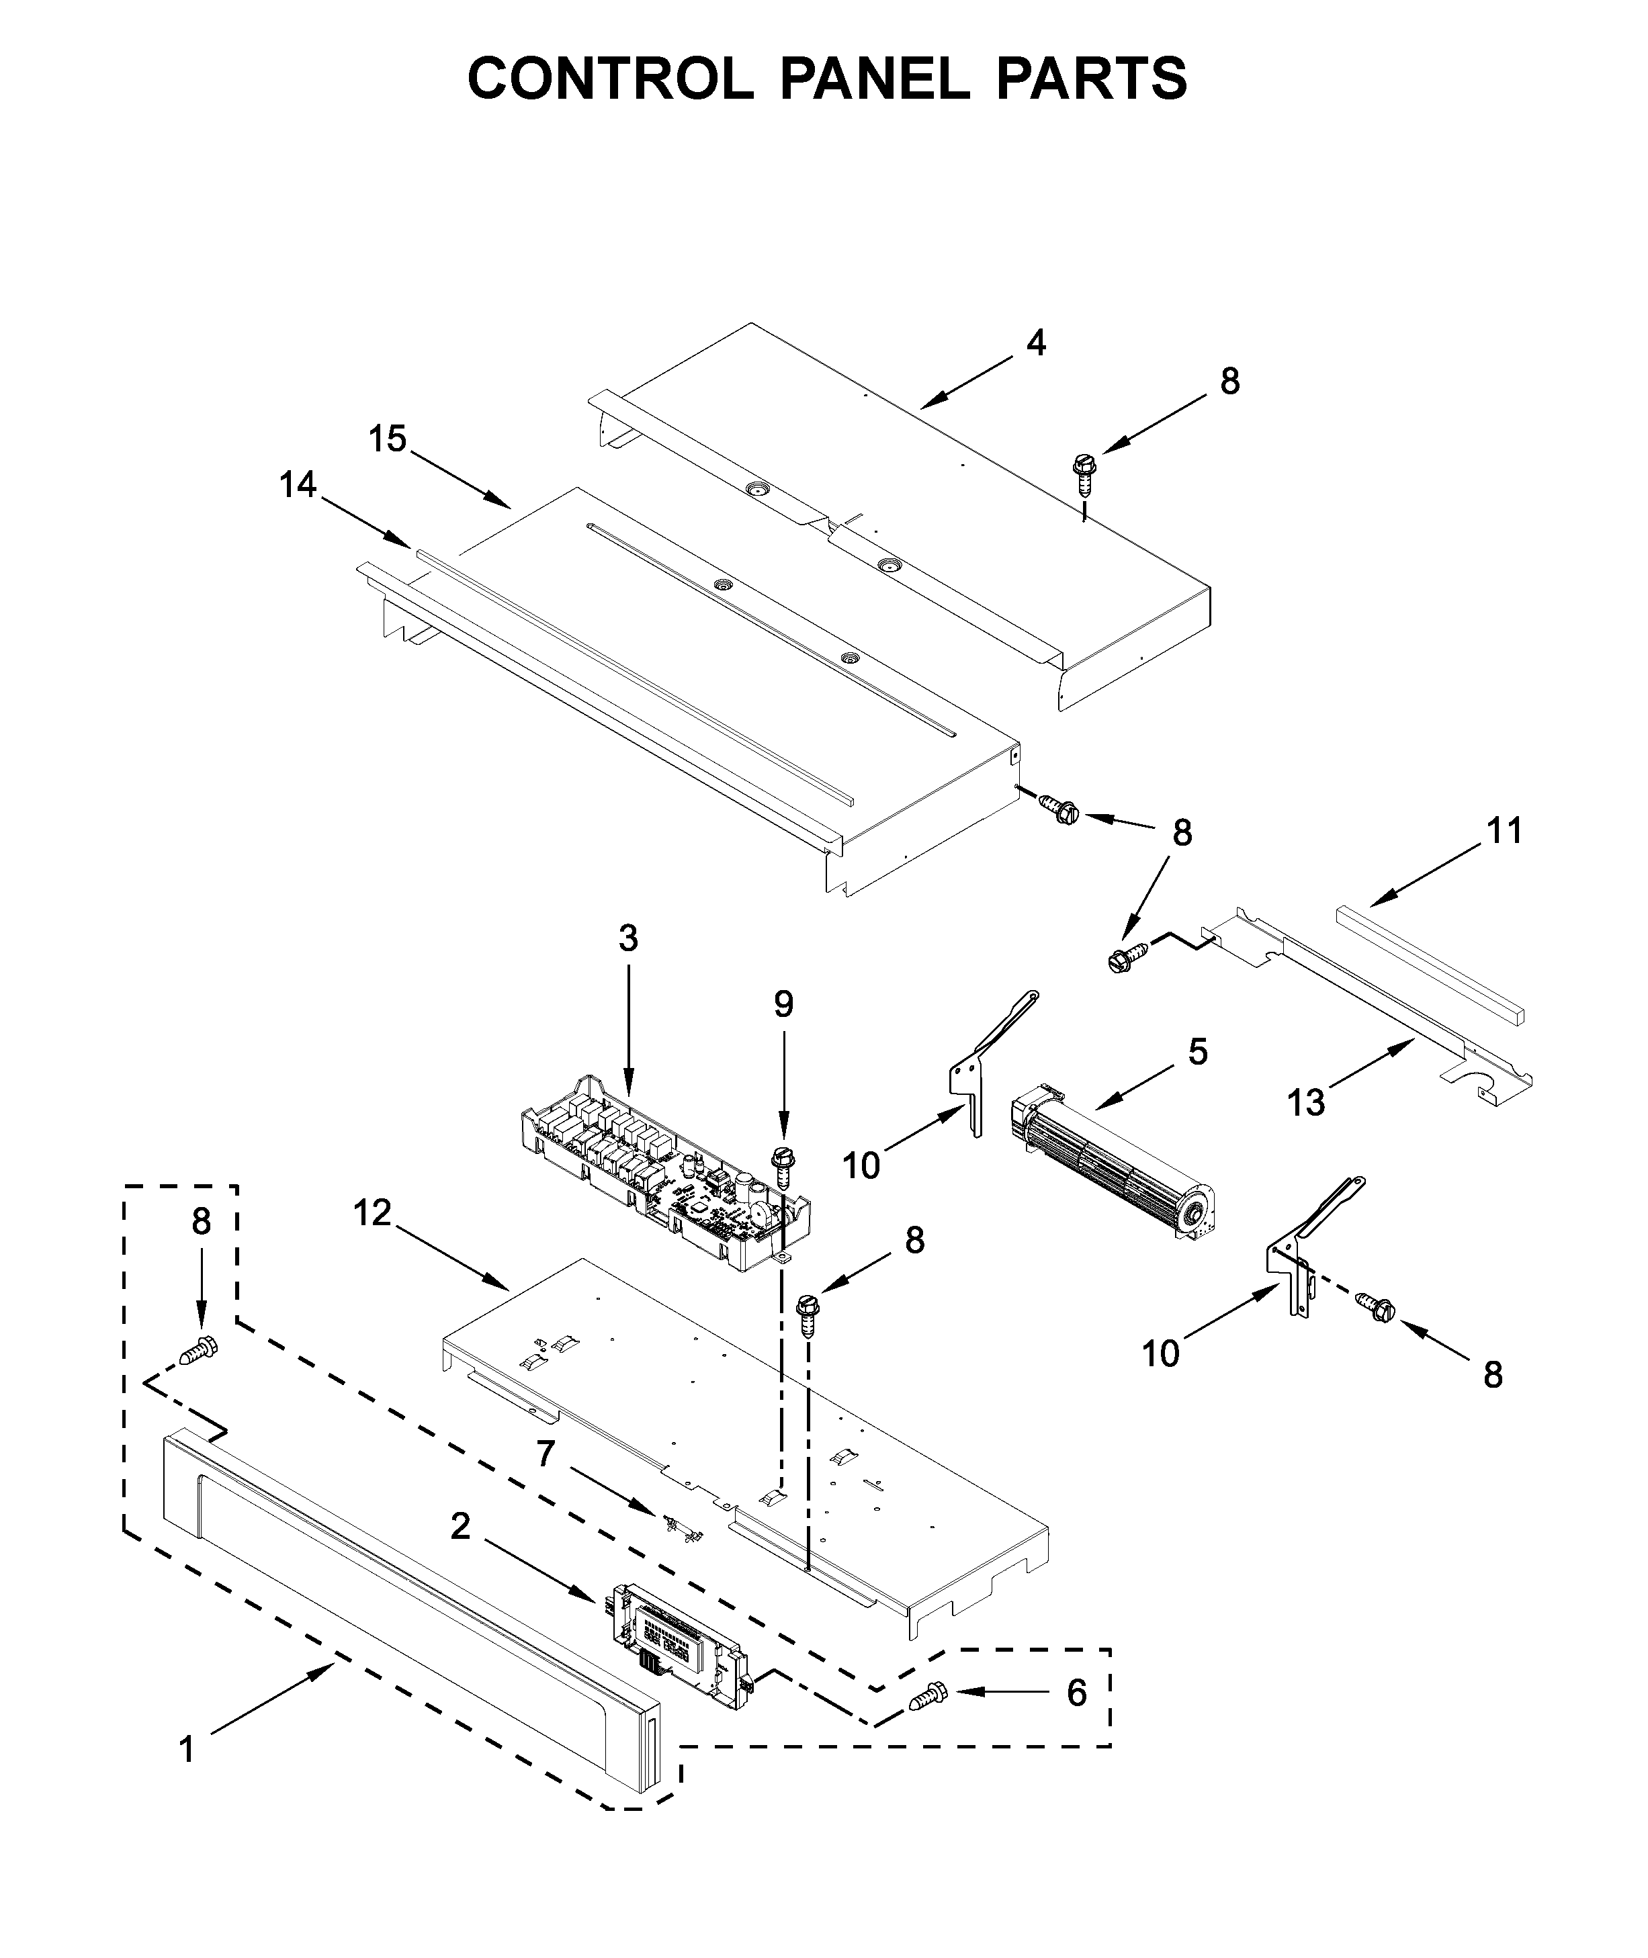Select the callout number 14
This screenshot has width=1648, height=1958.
click(x=298, y=485)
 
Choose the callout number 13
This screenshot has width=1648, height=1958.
click(x=1306, y=1103)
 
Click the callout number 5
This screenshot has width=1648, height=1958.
click(x=1198, y=1052)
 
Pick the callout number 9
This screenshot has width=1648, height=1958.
click(x=783, y=1004)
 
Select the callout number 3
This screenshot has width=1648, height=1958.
click(x=627, y=938)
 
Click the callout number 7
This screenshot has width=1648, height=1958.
click(x=546, y=1454)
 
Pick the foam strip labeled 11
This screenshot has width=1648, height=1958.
click(x=1430, y=962)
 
